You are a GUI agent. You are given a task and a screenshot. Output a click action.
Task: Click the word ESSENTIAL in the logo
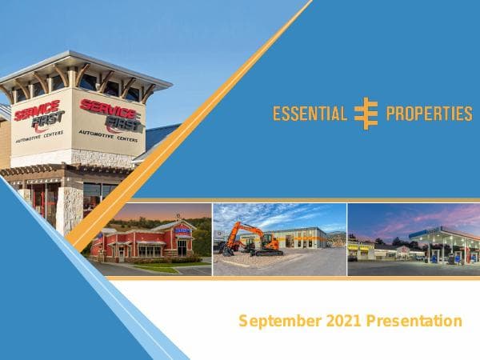click(310, 114)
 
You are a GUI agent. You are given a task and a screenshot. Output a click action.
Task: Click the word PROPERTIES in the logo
click(429, 114)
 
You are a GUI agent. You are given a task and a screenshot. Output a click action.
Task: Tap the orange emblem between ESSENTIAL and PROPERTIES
click(366, 114)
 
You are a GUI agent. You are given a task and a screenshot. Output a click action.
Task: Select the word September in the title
click(278, 322)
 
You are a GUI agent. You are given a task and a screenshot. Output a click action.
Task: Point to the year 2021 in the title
click(343, 322)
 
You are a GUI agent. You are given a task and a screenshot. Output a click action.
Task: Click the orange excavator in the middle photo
click(248, 238)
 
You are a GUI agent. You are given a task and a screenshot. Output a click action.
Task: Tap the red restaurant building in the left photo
click(144, 243)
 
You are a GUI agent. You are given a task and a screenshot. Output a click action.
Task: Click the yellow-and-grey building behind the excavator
click(300, 237)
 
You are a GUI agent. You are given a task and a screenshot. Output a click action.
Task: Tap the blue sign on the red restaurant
click(182, 230)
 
